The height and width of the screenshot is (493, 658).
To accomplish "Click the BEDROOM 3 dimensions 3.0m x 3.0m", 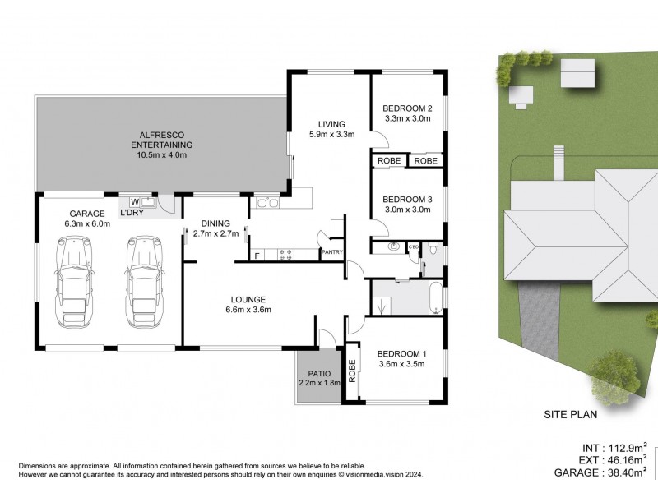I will click(x=408, y=210).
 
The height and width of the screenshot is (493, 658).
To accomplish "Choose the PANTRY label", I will click(x=332, y=252).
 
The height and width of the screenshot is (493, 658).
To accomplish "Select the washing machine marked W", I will click(x=134, y=200).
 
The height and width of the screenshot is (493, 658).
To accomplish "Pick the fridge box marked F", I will click(x=257, y=256).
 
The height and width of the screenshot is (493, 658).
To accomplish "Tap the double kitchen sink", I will click(x=267, y=201).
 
